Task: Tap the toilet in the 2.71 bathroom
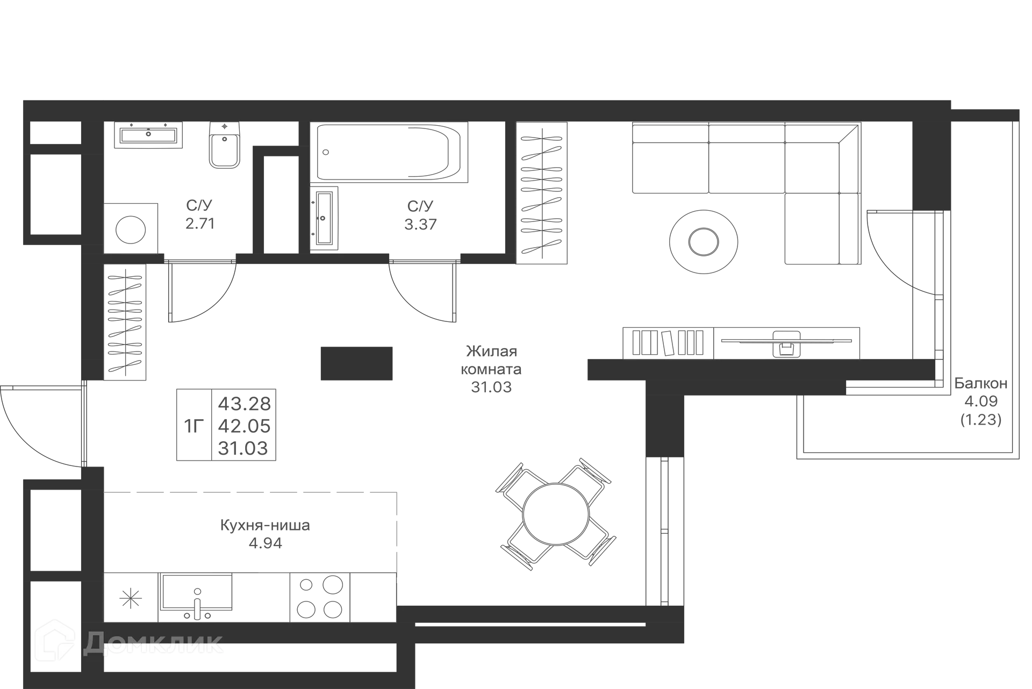[x=224, y=145]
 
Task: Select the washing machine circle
[x=131, y=229]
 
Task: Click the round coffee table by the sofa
[x=704, y=242]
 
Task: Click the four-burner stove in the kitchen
[x=320, y=598]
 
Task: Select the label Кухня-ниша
[x=265, y=525]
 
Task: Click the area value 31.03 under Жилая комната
[x=491, y=387]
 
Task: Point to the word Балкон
[x=981, y=383]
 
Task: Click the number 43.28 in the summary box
[x=244, y=403]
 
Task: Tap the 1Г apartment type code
[x=194, y=426]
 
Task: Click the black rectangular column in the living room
[x=356, y=363]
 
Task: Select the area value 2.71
[x=200, y=224]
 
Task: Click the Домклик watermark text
[x=153, y=643]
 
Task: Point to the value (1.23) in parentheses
[x=981, y=419]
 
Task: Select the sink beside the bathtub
[x=324, y=218]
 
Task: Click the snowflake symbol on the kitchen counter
[x=131, y=598]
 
